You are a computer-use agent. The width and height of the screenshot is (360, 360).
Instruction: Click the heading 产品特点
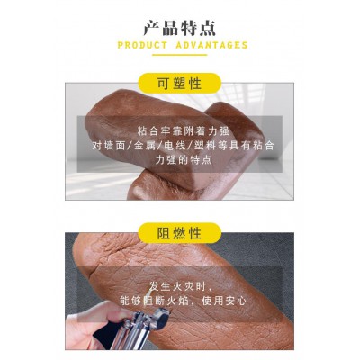(x=179, y=28)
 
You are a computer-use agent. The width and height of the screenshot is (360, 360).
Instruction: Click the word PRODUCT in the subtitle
(x=142, y=45)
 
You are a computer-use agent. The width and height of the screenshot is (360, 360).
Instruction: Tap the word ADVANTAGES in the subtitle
(x=211, y=45)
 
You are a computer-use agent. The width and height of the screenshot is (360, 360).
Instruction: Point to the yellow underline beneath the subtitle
(x=179, y=55)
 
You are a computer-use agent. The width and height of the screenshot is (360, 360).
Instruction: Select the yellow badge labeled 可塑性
(x=179, y=84)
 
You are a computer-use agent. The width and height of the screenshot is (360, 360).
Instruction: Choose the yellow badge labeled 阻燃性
(x=179, y=233)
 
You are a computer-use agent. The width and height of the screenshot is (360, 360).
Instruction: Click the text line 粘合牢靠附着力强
(x=183, y=130)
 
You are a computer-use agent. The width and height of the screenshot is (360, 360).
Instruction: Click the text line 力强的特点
(x=184, y=159)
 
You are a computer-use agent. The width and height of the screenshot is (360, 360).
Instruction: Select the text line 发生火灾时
(x=177, y=287)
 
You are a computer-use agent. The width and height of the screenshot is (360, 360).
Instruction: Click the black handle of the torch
(x=106, y=330)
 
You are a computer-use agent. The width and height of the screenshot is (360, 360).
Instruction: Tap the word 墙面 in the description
(x=112, y=146)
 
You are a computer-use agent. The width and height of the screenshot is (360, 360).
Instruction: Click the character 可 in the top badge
(x=164, y=84)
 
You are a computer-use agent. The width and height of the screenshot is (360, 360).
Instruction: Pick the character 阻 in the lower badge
(x=164, y=233)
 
